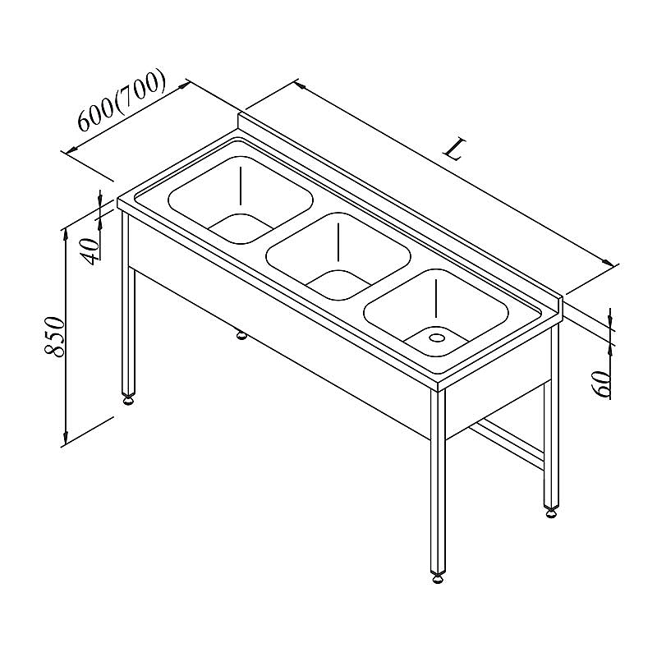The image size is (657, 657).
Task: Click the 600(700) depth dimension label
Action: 122,99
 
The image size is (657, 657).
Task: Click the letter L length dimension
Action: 455,149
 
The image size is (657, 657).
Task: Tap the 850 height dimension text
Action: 55,337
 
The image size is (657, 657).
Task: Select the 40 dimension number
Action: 90,251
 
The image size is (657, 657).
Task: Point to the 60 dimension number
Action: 601,384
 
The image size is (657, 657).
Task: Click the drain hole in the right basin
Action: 437,337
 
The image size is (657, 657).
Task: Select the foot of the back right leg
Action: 551,512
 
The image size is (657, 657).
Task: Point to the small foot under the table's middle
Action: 241,335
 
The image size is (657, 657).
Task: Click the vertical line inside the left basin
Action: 241,186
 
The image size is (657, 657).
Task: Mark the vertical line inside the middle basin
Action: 338,241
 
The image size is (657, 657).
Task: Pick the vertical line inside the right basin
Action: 436,298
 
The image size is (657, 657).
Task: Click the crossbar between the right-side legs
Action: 508,442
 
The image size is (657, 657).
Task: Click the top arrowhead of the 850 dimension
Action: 65,236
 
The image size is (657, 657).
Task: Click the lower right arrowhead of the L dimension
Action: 607,262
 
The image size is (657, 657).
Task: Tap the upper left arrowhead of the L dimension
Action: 300,85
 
